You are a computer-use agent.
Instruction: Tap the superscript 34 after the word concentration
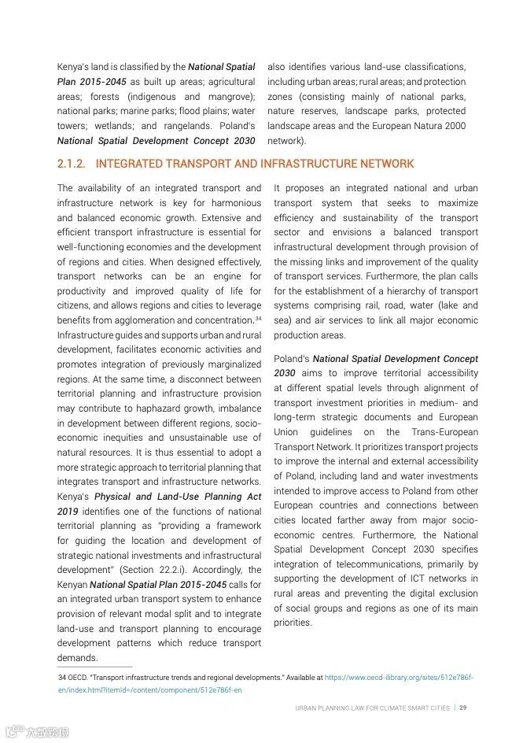coord(258,318)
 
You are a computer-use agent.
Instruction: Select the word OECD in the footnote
coord(79,677)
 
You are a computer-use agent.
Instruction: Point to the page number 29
coord(464,708)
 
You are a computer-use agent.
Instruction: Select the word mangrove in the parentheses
coord(232,97)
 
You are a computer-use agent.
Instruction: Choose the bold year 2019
coord(69,511)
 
